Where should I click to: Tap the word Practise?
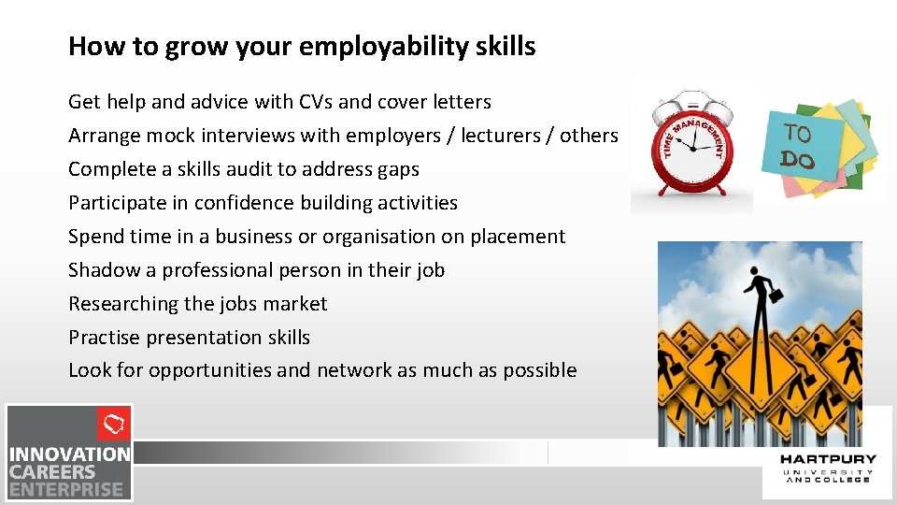coord(104,338)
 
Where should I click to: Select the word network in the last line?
coord(354,370)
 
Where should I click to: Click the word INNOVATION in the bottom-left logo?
coord(70,454)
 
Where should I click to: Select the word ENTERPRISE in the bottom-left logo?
coord(66,488)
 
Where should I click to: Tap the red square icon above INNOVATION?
coord(114,425)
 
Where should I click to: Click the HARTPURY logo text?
coord(827,459)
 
